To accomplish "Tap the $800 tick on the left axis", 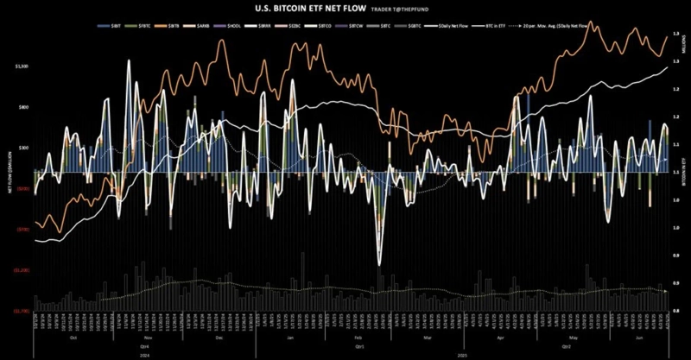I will click(23, 107).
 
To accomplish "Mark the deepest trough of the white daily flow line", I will click(380, 263).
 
